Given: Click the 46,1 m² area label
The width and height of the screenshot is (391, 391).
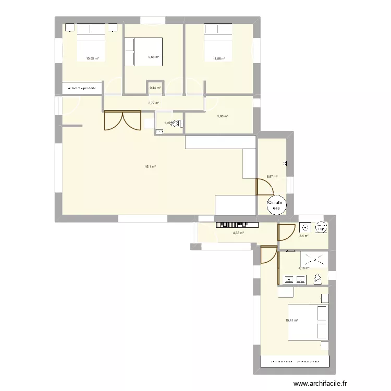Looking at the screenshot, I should click(x=151, y=167).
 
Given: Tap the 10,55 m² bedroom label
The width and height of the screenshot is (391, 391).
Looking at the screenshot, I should click(x=92, y=59).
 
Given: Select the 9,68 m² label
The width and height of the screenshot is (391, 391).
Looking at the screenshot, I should click(x=153, y=57).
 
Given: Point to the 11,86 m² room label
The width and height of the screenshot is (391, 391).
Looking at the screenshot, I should click(x=219, y=59).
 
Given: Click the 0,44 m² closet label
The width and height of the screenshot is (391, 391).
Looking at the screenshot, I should click(x=155, y=88).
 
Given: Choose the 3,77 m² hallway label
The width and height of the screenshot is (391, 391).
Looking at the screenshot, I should click(x=154, y=103).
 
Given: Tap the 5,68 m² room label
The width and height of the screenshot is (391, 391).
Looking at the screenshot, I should click(x=223, y=116).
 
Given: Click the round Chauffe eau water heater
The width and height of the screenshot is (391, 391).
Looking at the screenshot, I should click(x=275, y=205).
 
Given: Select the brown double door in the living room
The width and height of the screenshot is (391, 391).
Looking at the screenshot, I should click(x=123, y=120).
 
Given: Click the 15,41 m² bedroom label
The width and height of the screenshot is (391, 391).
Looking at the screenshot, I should click(x=291, y=320).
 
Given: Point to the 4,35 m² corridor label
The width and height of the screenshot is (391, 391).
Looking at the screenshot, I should click(x=239, y=233).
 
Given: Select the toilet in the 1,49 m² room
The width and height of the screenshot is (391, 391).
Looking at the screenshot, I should click(x=177, y=124).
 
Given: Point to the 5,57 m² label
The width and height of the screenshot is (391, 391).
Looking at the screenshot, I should click(x=272, y=177).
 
